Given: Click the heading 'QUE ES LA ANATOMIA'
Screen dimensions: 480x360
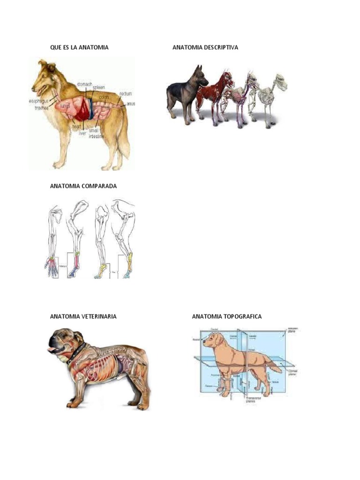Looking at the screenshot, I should point(79,47).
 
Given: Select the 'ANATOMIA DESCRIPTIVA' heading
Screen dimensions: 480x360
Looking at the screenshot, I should point(205,47).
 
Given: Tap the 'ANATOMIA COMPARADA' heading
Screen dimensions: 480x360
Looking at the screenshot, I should point(83,186).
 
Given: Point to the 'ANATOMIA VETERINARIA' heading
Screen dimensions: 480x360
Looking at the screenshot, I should point(83,316).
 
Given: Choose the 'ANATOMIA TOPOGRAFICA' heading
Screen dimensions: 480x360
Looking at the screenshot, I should point(227,316).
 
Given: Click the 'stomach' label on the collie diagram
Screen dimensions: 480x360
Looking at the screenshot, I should point(84,84).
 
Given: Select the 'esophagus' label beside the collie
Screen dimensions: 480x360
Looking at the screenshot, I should point(38,101).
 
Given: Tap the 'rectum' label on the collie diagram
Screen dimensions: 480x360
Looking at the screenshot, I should point(126,93).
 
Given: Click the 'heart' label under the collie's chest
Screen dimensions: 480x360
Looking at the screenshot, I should point(77,126).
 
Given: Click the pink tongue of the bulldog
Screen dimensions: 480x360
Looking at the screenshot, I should point(50,349).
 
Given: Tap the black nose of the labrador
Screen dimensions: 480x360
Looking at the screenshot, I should point(203,343).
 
